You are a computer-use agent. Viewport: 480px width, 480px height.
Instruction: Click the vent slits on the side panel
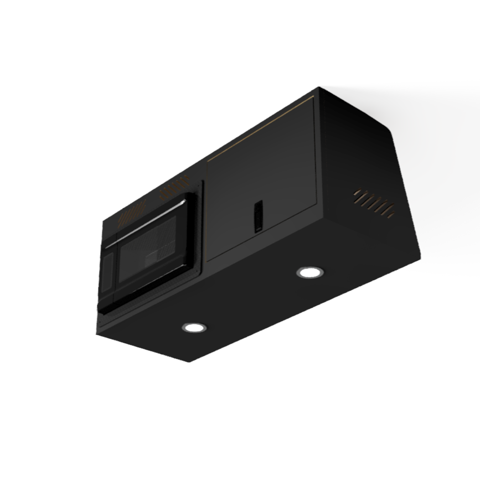(x=374, y=202)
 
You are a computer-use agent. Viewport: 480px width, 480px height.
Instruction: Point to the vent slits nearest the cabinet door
(x=174, y=189)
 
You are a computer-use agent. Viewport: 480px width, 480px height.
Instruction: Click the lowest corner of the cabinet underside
(x=191, y=362)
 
